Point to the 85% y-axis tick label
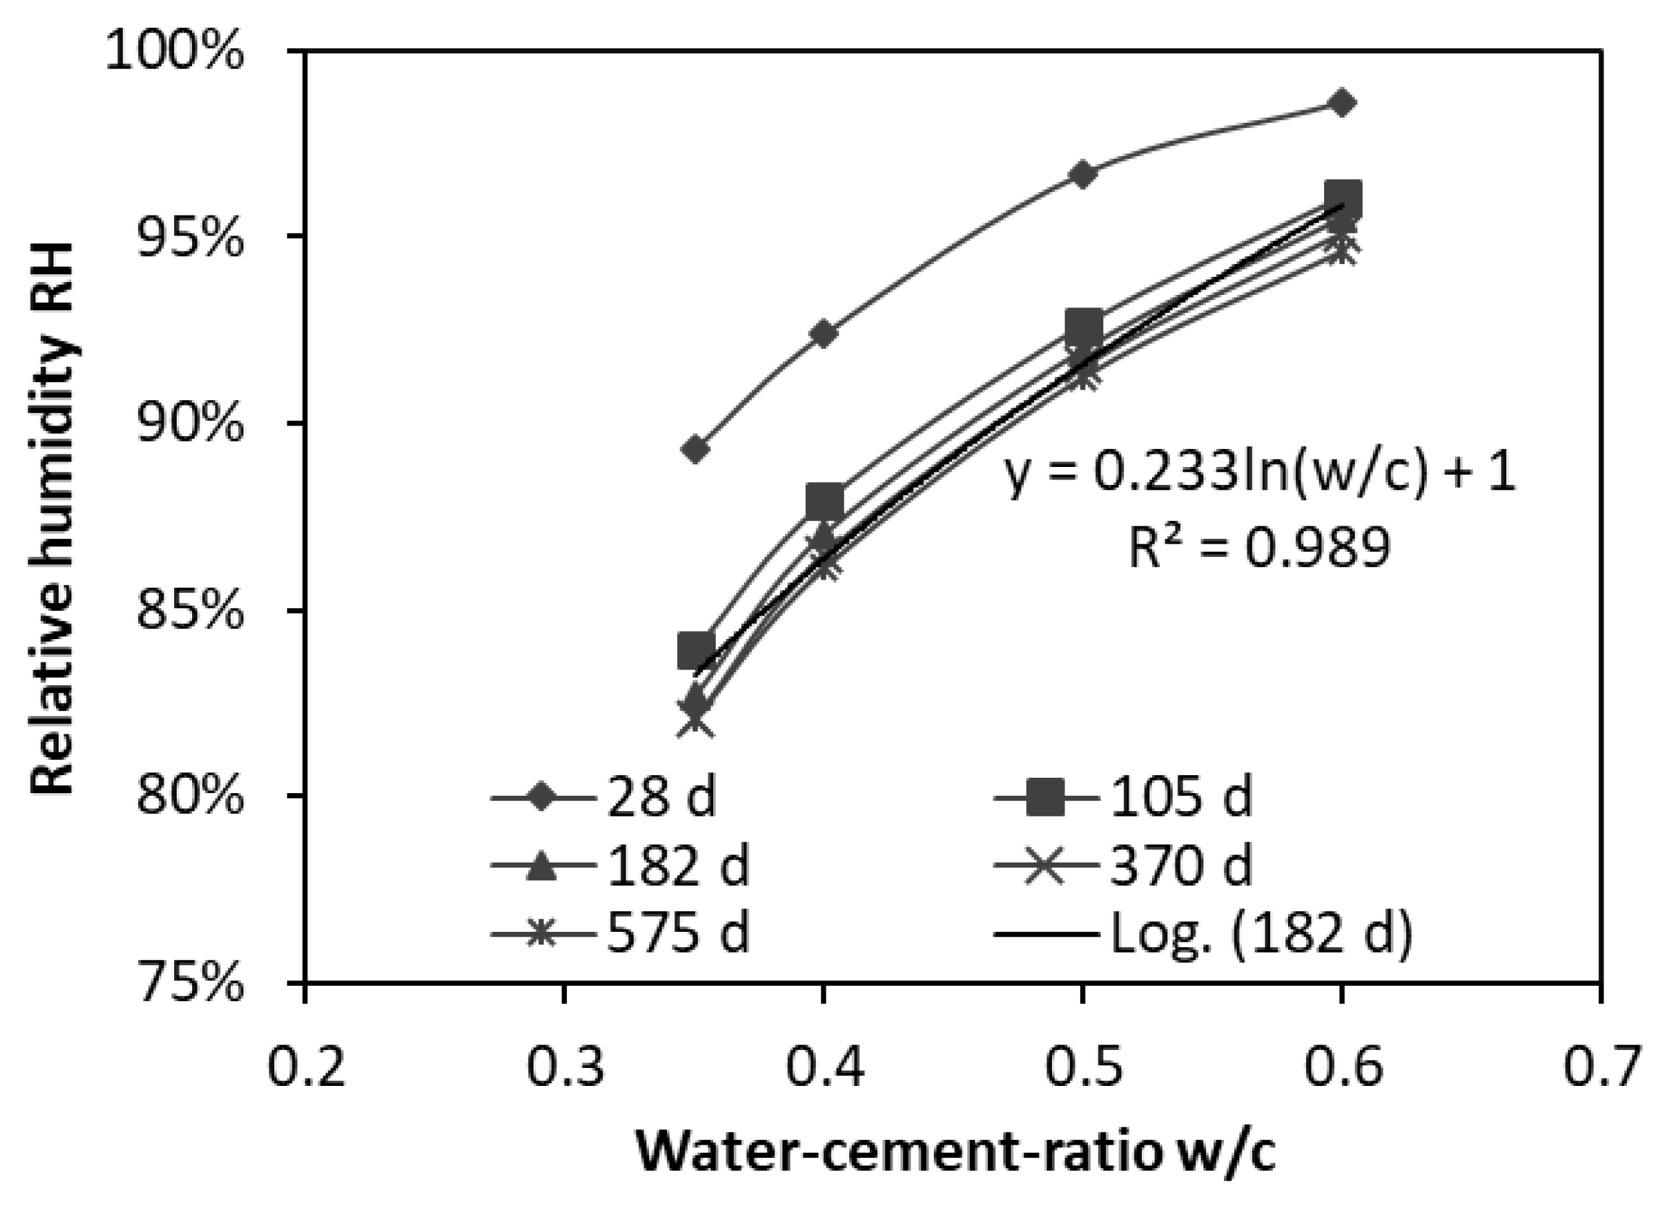click(189, 610)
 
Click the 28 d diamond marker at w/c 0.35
click(695, 449)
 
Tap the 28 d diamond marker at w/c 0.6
click(1341, 103)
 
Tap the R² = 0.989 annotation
click(1260, 547)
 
